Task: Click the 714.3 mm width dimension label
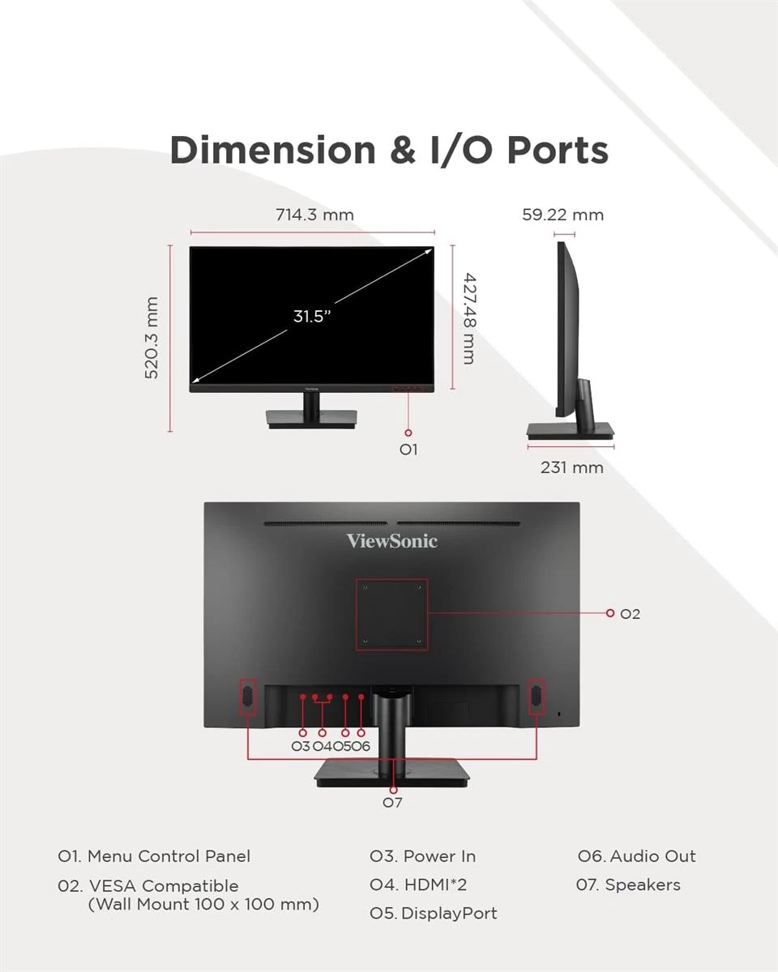(x=314, y=215)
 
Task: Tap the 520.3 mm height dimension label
(x=152, y=338)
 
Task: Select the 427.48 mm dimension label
(x=468, y=318)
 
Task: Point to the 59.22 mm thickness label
(x=562, y=215)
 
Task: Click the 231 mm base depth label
(x=572, y=467)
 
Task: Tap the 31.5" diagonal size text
(x=311, y=316)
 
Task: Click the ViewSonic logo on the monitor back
(x=392, y=540)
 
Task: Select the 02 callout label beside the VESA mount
(x=630, y=614)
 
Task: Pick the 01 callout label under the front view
(x=408, y=450)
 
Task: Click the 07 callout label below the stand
(x=392, y=802)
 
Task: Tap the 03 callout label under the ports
(x=301, y=746)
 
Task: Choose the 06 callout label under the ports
(x=361, y=746)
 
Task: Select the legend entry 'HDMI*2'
(x=435, y=885)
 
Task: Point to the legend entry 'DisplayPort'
(x=449, y=914)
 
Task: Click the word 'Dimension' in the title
(x=272, y=150)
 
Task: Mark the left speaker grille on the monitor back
(x=247, y=696)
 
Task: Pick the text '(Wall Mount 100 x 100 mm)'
(x=203, y=904)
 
